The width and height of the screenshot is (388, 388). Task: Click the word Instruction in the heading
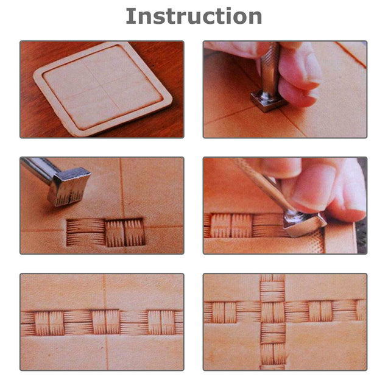[x=194, y=16]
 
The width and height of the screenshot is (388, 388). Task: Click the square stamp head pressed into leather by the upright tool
[x=268, y=101]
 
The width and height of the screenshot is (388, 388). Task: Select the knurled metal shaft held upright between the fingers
[x=270, y=67]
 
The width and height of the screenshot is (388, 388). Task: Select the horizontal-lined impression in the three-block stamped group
[x=85, y=233]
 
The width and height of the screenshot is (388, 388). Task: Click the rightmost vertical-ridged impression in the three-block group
[x=135, y=232]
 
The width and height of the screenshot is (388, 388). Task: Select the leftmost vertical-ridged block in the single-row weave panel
[x=51, y=323]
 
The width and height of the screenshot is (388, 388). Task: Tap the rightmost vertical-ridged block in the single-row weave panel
[x=160, y=322]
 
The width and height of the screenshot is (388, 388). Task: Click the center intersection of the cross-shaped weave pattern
[x=272, y=311]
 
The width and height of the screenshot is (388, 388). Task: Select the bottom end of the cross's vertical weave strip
[x=272, y=363]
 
